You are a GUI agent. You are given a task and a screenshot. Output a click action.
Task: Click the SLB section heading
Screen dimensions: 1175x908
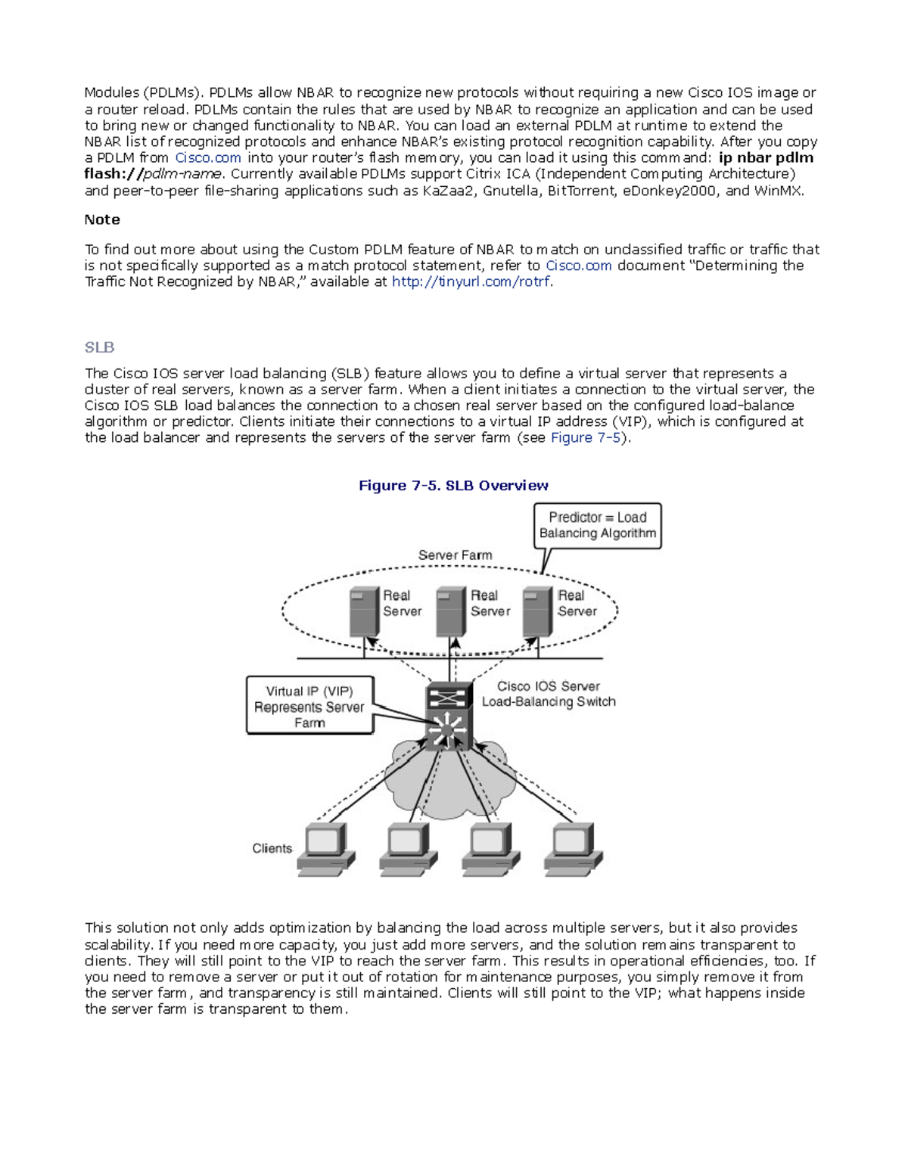pyautogui.click(x=99, y=347)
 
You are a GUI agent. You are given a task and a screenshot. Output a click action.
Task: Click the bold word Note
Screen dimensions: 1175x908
pyautogui.click(x=102, y=219)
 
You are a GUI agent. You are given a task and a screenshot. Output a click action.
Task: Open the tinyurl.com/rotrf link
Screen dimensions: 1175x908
pyautogui.click(x=471, y=282)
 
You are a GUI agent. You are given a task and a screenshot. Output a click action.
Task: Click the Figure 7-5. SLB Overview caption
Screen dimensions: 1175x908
pyautogui.click(x=453, y=486)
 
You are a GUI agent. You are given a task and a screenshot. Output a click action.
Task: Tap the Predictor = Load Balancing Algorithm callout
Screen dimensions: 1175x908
pyautogui.click(x=597, y=525)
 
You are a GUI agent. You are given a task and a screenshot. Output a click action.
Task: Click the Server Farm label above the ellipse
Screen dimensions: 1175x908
pyautogui.click(x=455, y=555)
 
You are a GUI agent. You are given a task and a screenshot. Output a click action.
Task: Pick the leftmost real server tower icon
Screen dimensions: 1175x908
pyautogui.click(x=364, y=611)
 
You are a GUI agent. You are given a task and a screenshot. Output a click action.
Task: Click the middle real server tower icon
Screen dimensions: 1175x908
pyautogui.click(x=451, y=611)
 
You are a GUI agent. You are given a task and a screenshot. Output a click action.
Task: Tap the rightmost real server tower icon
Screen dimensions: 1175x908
pyautogui.click(x=538, y=611)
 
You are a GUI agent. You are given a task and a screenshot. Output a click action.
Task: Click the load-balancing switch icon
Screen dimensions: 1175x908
pyautogui.click(x=449, y=716)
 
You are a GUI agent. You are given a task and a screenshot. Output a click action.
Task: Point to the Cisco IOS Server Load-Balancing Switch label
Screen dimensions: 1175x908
pyautogui.click(x=549, y=694)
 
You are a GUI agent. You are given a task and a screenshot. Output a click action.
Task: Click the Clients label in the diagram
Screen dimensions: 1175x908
pyautogui.click(x=272, y=849)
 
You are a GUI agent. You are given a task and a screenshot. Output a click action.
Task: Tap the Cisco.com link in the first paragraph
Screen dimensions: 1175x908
pyautogui.click(x=208, y=158)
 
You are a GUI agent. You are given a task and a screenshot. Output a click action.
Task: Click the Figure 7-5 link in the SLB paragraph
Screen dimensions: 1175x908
pyautogui.click(x=585, y=438)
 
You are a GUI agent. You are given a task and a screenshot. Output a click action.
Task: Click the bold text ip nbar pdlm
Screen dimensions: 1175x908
pyautogui.click(x=766, y=158)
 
